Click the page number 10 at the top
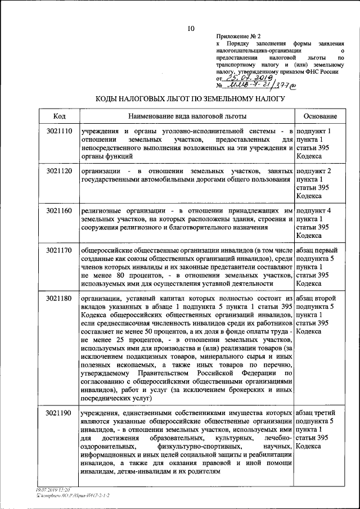[x=191, y=28]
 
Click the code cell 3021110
[x=60, y=131]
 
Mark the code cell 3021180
[x=60, y=298]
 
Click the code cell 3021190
[x=60, y=413]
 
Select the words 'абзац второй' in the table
[x=316, y=298]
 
